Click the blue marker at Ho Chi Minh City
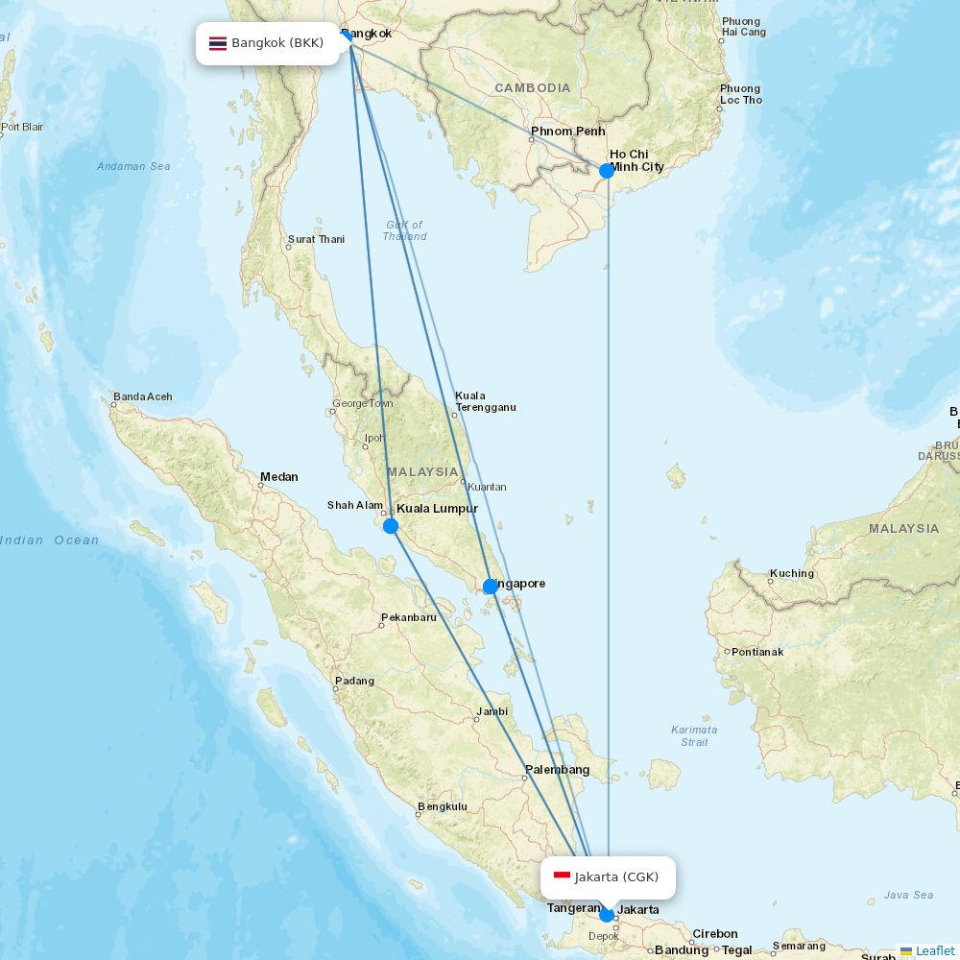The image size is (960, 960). [x=607, y=171]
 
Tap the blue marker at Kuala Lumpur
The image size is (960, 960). [x=391, y=526]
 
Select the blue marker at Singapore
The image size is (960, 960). [x=491, y=587]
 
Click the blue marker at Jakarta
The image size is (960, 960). [x=607, y=915]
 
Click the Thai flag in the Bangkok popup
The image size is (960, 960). [x=218, y=43]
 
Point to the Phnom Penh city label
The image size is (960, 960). [x=568, y=131]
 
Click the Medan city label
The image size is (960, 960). [x=279, y=476]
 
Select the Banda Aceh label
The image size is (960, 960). [x=143, y=396]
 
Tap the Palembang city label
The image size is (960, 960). [x=557, y=770]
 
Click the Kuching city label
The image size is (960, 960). [x=792, y=573]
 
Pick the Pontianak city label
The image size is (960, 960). [x=757, y=652]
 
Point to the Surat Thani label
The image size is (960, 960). [x=316, y=239]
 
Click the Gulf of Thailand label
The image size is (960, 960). [x=404, y=230]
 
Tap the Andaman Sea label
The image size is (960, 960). [x=133, y=166]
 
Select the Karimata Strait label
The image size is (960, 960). [x=693, y=735]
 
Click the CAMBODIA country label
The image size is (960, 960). [x=533, y=87]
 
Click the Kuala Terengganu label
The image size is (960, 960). [x=485, y=401]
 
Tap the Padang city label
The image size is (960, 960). [x=354, y=681]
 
